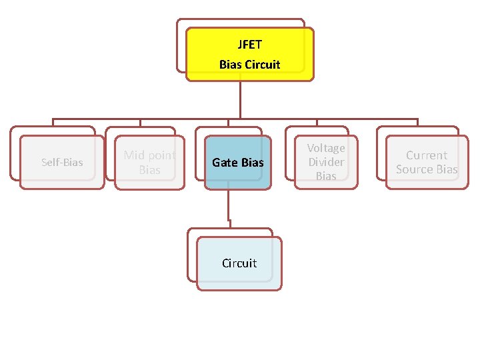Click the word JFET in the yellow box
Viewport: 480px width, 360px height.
[250, 45]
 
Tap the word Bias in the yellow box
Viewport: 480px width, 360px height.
[231, 65]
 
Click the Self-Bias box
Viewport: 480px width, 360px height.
[62, 162]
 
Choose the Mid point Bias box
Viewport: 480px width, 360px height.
[150, 162]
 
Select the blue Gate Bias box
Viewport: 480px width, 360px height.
[238, 162]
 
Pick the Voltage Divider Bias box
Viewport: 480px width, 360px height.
[326, 162]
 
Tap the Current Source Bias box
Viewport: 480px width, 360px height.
[427, 162]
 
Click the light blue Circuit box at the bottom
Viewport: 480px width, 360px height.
[239, 263]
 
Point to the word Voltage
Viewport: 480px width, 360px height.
[326, 148]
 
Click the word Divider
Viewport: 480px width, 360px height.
[326, 162]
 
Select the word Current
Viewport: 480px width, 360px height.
[427, 155]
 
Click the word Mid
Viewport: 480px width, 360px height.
[133, 155]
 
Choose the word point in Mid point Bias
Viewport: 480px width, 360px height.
[161, 155]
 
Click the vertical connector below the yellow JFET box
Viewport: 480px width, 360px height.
[241, 100]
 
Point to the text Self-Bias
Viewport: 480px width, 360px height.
[62, 162]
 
